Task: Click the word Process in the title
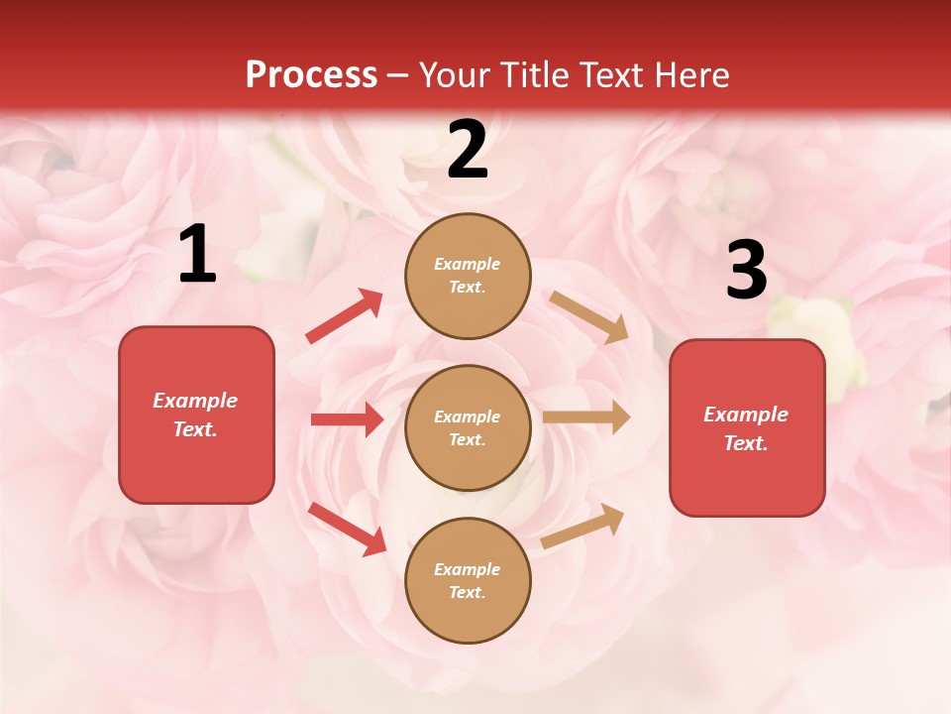[x=311, y=75]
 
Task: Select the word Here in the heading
[x=687, y=75]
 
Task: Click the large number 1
[x=197, y=255]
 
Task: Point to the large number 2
[x=468, y=150]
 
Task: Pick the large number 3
[x=746, y=270]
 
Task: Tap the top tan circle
[x=468, y=276]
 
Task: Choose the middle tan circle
[x=468, y=427]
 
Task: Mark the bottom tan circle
[x=468, y=580]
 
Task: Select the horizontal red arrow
[x=347, y=419]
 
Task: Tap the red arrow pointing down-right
[x=348, y=529]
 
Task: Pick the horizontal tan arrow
[x=586, y=417]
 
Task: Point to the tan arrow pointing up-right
[x=582, y=527]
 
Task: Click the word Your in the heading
[x=455, y=75]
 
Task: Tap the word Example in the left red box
[x=195, y=401]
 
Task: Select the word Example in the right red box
[x=746, y=415]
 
